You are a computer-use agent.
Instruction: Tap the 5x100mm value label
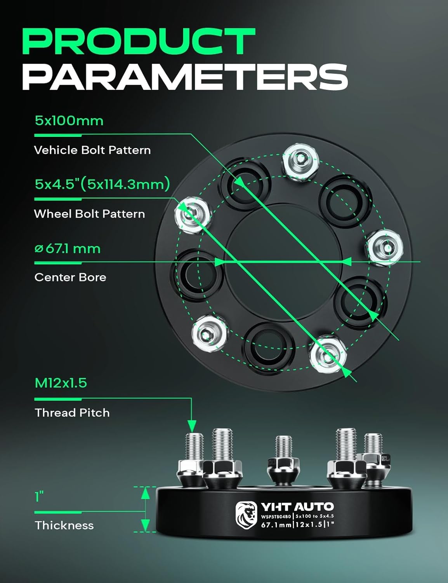click(69, 120)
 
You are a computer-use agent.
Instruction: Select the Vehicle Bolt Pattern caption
click(92, 150)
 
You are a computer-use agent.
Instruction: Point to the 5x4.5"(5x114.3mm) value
click(102, 183)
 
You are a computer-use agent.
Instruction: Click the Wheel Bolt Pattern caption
click(89, 214)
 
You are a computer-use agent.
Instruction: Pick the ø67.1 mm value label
click(68, 248)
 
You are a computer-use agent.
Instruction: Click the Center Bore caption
click(70, 277)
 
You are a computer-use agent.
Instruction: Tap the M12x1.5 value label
click(61, 383)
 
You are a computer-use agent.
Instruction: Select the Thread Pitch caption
click(72, 412)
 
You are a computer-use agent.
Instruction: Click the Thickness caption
click(64, 525)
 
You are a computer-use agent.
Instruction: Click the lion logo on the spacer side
click(246, 515)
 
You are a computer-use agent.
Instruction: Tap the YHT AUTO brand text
click(297, 506)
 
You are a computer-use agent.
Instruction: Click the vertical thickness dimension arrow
click(145, 509)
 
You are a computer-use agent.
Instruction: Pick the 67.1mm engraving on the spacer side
click(276, 525)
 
